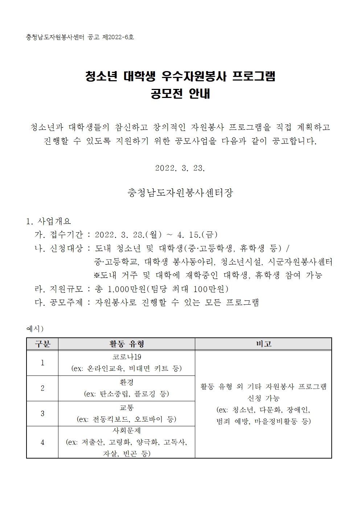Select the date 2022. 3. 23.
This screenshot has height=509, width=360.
(x=180, y=168)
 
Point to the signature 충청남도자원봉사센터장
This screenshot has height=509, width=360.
(x=180, y=193)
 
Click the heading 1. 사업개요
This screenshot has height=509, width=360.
(x=49, y=221)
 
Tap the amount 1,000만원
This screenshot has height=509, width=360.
(x=127, y=289)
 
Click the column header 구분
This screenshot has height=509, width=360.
(x=42, y=344)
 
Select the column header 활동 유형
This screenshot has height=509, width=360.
(x=127, y=344)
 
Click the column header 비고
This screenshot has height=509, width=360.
(x=263, y=344)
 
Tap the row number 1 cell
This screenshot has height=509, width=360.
(x=42, y=363)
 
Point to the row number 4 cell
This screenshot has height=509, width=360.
(x=42, y=442)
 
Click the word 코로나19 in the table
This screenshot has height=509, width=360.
(x=127, y=357)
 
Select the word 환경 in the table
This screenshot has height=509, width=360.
(x=127, y=382)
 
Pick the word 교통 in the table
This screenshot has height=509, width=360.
(x=127, y=408)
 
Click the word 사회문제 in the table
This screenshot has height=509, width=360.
(x=127, y=431)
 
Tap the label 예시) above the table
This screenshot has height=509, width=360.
(x=35, y=329)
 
